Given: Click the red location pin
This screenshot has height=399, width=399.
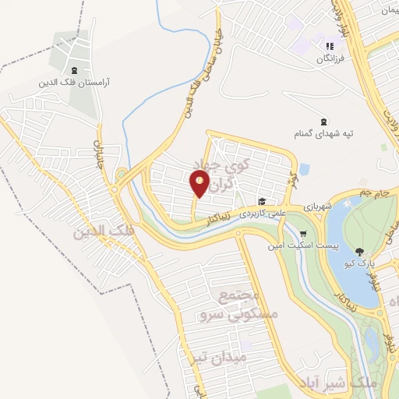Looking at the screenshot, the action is click(x=200, y=184).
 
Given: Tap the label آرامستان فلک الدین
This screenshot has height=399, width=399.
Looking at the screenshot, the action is click(x=75, y=80).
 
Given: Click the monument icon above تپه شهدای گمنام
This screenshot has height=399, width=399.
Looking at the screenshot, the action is click(x=323, y=121).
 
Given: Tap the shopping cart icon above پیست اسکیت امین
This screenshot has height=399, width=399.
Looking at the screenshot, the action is click(x=303, y=233).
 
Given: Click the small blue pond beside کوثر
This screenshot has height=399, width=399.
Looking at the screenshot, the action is click(x=305, y=168).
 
